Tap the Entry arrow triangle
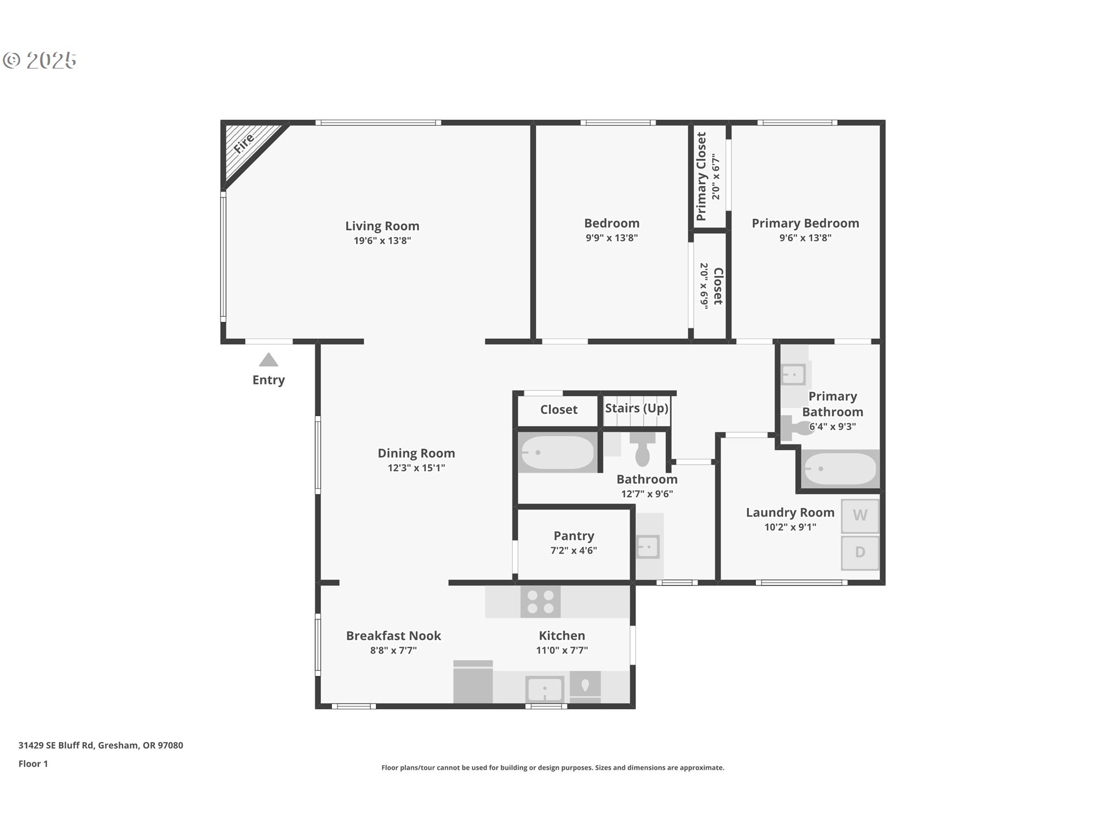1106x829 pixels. point(268,360)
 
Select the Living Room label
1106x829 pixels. point(382,226)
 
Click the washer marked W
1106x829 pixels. point(859,515)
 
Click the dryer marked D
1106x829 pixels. point(859,552)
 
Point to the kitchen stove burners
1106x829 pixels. point(540,602)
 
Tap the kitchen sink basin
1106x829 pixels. point(544,689)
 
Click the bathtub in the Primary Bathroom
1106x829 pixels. point(839,469)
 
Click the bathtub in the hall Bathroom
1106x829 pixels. point(557,453)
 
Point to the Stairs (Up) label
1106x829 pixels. point(637,408)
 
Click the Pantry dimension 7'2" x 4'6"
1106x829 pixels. point(573,550)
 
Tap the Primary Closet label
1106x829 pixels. point(701,176)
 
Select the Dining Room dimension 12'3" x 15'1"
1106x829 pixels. point(416,468)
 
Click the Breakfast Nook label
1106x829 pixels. point(393,636)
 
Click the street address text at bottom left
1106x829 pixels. point(101,745)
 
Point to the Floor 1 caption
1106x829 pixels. point(33,764)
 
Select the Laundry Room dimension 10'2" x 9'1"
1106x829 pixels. point(790,527)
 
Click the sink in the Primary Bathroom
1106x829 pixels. point(793,375)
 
